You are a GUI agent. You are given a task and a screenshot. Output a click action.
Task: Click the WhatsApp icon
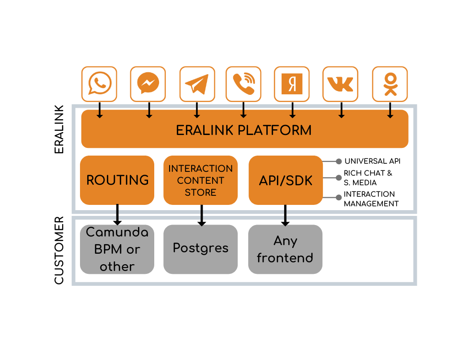(99, 84)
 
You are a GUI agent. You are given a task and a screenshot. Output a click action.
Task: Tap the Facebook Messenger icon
(148, 84)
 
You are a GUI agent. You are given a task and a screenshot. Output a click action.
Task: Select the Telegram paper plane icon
(197, 84)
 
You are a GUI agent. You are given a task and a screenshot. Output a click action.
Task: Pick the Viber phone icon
(243, 84)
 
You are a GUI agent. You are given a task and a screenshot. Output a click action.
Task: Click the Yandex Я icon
(292, 84)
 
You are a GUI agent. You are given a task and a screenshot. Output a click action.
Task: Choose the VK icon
(340, 84)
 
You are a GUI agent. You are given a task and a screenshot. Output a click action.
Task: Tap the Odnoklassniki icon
(390, 84)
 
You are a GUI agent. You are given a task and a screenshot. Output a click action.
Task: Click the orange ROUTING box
(117, 180)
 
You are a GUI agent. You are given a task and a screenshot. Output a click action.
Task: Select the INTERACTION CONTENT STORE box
(201, 180)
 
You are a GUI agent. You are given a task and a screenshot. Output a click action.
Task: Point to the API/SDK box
(285, 180)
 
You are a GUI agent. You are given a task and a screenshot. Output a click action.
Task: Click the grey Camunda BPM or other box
(117, 249)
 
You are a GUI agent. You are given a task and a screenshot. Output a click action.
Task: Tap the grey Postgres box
(201, 249)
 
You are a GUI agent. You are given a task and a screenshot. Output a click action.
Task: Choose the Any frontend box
(285, 249)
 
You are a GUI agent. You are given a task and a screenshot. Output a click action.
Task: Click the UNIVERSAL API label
(372, 161)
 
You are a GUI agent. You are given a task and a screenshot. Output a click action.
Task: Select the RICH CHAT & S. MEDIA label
(368, 178)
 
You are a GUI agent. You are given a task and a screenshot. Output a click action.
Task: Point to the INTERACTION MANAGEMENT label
(371, 199)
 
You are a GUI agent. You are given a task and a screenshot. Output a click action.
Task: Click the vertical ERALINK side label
(59, 129)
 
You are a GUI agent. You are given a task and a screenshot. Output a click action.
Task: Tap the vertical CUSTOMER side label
(59, 250)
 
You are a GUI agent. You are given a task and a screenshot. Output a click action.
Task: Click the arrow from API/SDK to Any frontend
(285, 215)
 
